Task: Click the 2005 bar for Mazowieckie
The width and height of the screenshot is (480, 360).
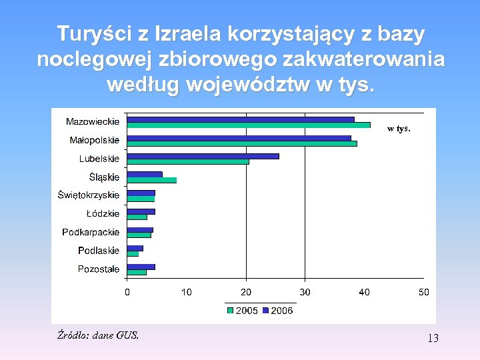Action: [x=249, y=125]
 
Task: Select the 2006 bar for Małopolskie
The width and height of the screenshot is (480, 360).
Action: [x=239, y=138]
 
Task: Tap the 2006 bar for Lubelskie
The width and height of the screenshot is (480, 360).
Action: [x=203, y=156]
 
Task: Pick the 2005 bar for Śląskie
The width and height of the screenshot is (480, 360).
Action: [x=152, y=180]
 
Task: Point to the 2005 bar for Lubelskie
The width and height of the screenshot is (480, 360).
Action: [x=188, y=161]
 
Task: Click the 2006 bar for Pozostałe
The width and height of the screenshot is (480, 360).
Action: [x=141, y=267]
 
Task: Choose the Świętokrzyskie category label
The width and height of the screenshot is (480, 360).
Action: [x=89, y=195]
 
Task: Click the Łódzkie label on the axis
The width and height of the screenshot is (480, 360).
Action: [x=103, y=214]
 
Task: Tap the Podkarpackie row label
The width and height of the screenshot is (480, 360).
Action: [x=91, y=233]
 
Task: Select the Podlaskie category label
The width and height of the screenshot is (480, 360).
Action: [x=99, y=251]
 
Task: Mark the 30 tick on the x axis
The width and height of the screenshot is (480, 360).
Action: [x=305, y=292]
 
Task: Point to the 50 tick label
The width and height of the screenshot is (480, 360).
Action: [x=424, y=292]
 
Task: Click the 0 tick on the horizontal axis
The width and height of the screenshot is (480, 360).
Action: [x=127, y=292]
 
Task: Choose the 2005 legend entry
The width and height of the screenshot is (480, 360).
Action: [x=243, y=310]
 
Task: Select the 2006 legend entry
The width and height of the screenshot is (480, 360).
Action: [x=278, y=310]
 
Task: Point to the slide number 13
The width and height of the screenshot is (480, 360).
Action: [x=433, y=339]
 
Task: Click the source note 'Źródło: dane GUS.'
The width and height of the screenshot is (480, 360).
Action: [x=98, y=335]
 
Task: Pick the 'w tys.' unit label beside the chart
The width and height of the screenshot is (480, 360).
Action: [x=399, y=129]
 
